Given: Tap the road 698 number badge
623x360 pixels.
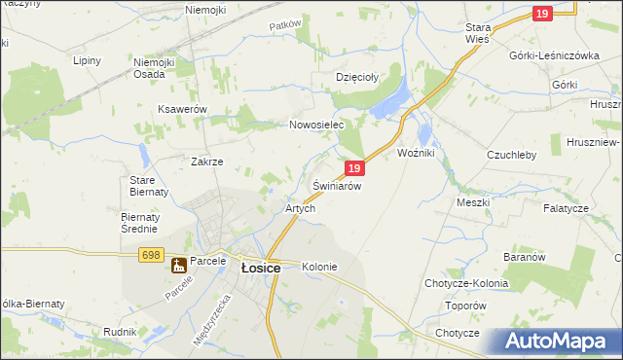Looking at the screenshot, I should tap(150, 255).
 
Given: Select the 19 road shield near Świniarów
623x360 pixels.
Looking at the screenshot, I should tap(355, 168).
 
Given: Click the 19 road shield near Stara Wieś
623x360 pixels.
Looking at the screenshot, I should tap(543, 13).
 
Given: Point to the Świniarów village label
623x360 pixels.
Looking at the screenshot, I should tap(337, 186).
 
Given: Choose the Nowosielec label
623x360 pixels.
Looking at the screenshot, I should tap(317, 126).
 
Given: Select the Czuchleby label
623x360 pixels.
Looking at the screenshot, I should tap(511, 155).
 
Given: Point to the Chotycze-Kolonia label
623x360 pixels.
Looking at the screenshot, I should tap(466, 283).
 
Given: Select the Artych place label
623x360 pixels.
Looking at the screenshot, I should tap(299, 209).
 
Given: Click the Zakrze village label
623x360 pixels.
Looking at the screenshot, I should tap(207, 162).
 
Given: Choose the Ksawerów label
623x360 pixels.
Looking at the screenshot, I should tap(182, 110).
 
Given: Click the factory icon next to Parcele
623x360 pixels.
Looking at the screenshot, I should tap(179, 265).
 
